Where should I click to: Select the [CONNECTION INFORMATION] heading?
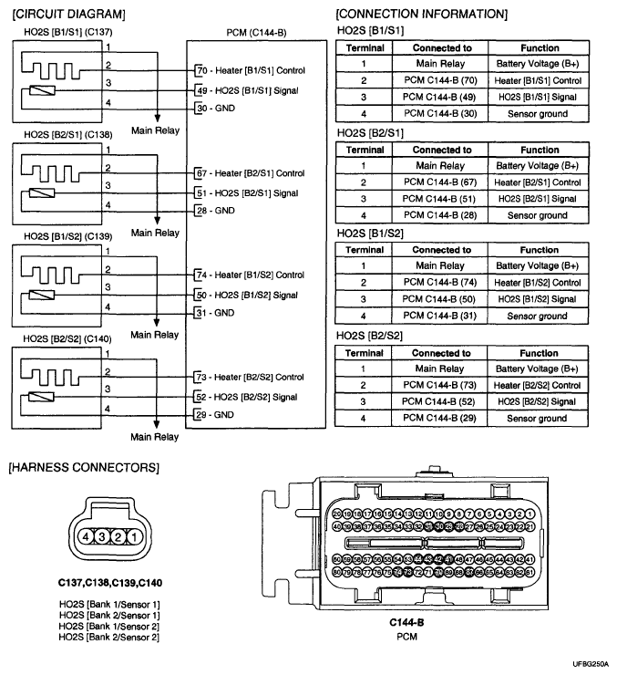[x=422, y=14]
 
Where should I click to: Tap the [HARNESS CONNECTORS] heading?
[x=83, y=468]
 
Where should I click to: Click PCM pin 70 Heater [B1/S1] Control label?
[x=250, y=70]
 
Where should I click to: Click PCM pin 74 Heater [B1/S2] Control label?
[x=250, y=275]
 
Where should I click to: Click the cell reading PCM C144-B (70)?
[x=441, y=81]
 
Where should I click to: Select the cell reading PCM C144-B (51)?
[x=441, y=199]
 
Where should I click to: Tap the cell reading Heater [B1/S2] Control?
[x=539, y=283]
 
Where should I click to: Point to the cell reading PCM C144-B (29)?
[x=441, y=419]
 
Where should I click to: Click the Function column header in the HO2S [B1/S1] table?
[x=539, y=47]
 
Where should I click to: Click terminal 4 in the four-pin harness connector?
[x=87, y=537]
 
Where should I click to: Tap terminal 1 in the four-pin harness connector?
[x=133, y=537]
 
